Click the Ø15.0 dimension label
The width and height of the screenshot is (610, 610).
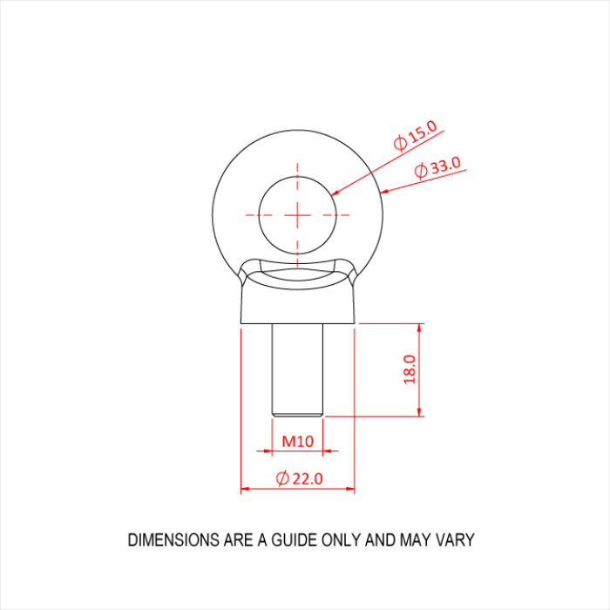point(415,138)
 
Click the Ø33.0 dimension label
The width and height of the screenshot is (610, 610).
point(437,167)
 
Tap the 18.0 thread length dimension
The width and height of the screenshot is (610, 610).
point(410,369)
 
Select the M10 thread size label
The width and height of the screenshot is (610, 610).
point(297,441)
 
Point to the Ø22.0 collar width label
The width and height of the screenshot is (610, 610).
point(299,478)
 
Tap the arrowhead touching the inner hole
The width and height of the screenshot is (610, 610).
point(337,192)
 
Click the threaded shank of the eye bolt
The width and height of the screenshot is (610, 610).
point(297,366)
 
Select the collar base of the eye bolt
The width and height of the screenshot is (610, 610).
point(297,305)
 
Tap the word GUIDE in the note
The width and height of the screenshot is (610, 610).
point(290,540)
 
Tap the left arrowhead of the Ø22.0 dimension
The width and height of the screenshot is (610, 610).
point(246,490)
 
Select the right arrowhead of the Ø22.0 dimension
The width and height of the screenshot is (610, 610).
point(349,490)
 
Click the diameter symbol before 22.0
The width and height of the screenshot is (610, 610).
point(281,478)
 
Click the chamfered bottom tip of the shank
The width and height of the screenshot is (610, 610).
point(297,412)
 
